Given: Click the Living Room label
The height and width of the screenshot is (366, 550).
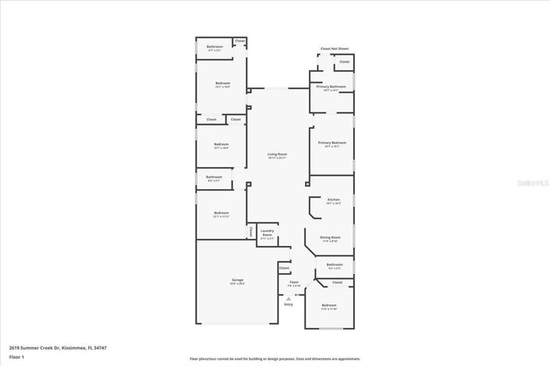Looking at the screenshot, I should tap(278, 155).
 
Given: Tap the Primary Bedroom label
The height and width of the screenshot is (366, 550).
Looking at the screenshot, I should tap(332, 143).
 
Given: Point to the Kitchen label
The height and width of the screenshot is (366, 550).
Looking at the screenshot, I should tap(333, 200).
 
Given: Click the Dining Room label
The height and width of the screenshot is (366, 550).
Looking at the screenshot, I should tap(330, 237).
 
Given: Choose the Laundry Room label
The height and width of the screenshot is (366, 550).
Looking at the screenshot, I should tap(267, 230).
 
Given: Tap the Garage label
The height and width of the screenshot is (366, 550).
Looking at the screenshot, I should tap(237, 279).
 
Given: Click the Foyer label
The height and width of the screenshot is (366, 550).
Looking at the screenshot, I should tap(294, 282).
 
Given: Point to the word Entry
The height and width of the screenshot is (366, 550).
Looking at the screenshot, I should tap(289, 304).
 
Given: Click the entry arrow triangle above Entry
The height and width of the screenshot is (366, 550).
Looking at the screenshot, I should tap(289, 298).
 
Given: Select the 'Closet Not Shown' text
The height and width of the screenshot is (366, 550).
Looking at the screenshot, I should tap(334, 48).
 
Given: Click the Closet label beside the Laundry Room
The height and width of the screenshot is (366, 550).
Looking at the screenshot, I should tap(251, 232).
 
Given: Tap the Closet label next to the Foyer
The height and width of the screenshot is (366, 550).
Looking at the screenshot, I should tap(284, 268).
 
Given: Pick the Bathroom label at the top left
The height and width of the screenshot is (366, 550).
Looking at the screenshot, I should tap(215, 47).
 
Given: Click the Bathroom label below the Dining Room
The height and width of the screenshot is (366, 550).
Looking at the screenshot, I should tap(334, 265).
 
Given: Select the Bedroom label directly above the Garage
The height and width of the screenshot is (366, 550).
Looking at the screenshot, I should tap(222, 212).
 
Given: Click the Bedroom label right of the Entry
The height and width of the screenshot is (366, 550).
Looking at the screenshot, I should tap(329, 305).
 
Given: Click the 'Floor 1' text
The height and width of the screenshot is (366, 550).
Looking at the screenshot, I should tap(16, 357).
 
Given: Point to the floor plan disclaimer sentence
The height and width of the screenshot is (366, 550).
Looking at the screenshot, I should tap(274, 358).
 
